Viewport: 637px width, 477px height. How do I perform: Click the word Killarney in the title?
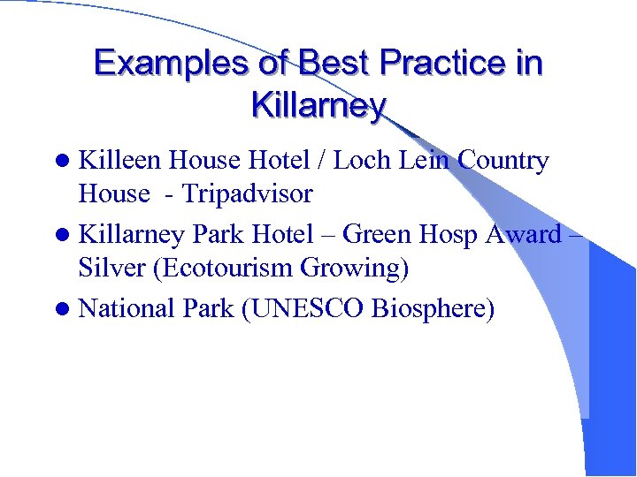click(x=318, y=106)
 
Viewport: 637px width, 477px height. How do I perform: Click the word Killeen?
click(x=119, y=161)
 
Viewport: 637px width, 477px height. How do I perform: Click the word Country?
click(x=504, y=161)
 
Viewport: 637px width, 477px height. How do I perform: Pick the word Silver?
click(x=112, y=268)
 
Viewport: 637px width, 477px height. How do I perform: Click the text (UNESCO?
click(x=288, y=309)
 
